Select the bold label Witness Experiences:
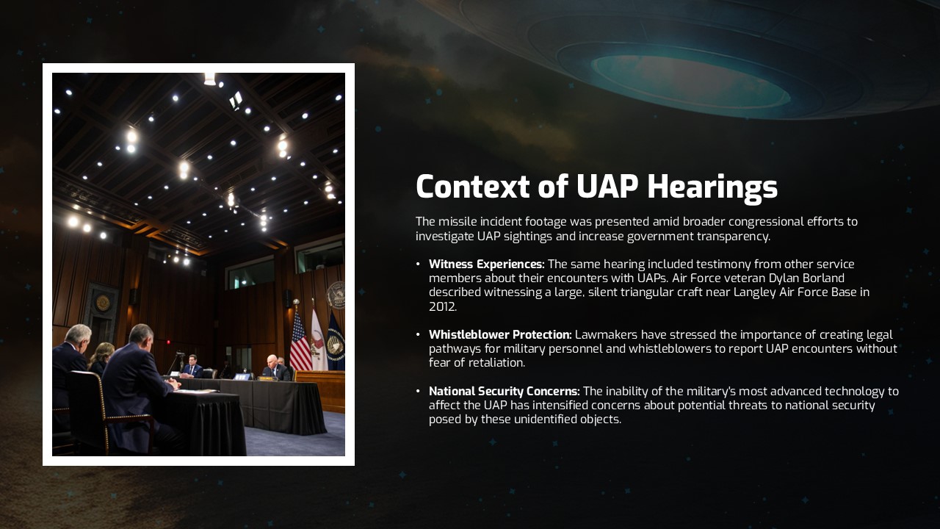[x=486, y=264]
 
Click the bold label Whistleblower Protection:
[x=500, y=335]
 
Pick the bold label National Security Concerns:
[x=504, y=392]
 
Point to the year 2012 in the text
[x=441, y=307]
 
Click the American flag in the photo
[x=300, y=342]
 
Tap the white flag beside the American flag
[x=317, y=339]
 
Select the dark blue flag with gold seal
[x=336, y=341]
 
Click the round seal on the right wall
[x=336, y=294]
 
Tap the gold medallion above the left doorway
[x=103, y=303]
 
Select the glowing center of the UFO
[x=690, y=81]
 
